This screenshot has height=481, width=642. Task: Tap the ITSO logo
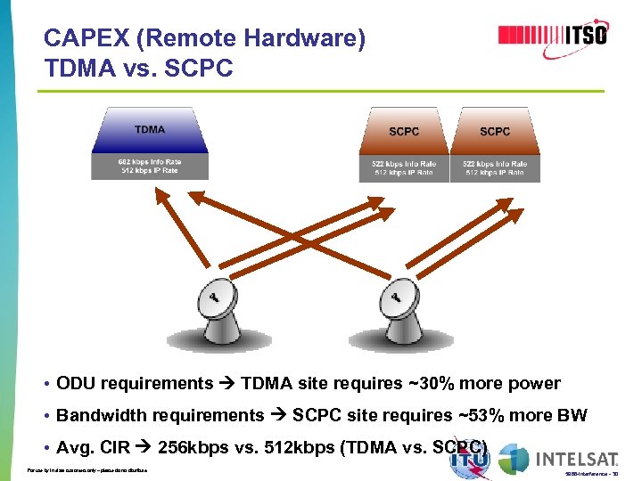click(x=553, y=36)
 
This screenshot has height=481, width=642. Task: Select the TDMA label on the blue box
click(x=150, y=130)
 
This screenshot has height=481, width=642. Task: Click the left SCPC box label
click(x=404, y=132)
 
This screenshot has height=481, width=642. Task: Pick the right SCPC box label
click(x=495, y=132)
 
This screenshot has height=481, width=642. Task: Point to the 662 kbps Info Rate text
click(x=150, y=161)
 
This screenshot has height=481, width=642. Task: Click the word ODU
click(x=76, y=384)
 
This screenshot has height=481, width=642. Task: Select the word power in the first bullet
click(x=535, y=384)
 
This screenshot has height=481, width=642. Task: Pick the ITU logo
click(x=470, y=460)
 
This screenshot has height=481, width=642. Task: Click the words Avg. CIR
click(x=90, y=446)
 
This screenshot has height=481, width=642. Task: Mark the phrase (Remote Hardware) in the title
click(x=249, y=39)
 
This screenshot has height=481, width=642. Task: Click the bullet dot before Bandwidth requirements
click(x=45, y=416)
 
